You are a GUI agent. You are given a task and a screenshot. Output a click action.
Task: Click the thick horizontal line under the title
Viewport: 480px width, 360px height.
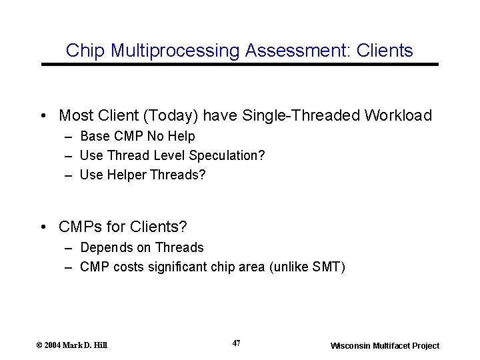pyautogui.click(x=240, y=65)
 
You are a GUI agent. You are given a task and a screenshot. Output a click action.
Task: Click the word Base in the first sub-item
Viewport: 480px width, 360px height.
pyautogui.click(x=93, y=137)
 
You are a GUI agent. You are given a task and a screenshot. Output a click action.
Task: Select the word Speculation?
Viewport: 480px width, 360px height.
pyautogui.click(x=227, y=155)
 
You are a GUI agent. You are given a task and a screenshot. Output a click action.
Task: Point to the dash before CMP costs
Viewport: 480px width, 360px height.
pyautogui.click(x=69, y=267)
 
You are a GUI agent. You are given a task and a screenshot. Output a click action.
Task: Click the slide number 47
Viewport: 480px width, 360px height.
pyautogui.click(x=236, y=343)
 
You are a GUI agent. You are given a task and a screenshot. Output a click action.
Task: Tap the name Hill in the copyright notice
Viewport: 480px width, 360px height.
pyautogui.click(x=99, y=345)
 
